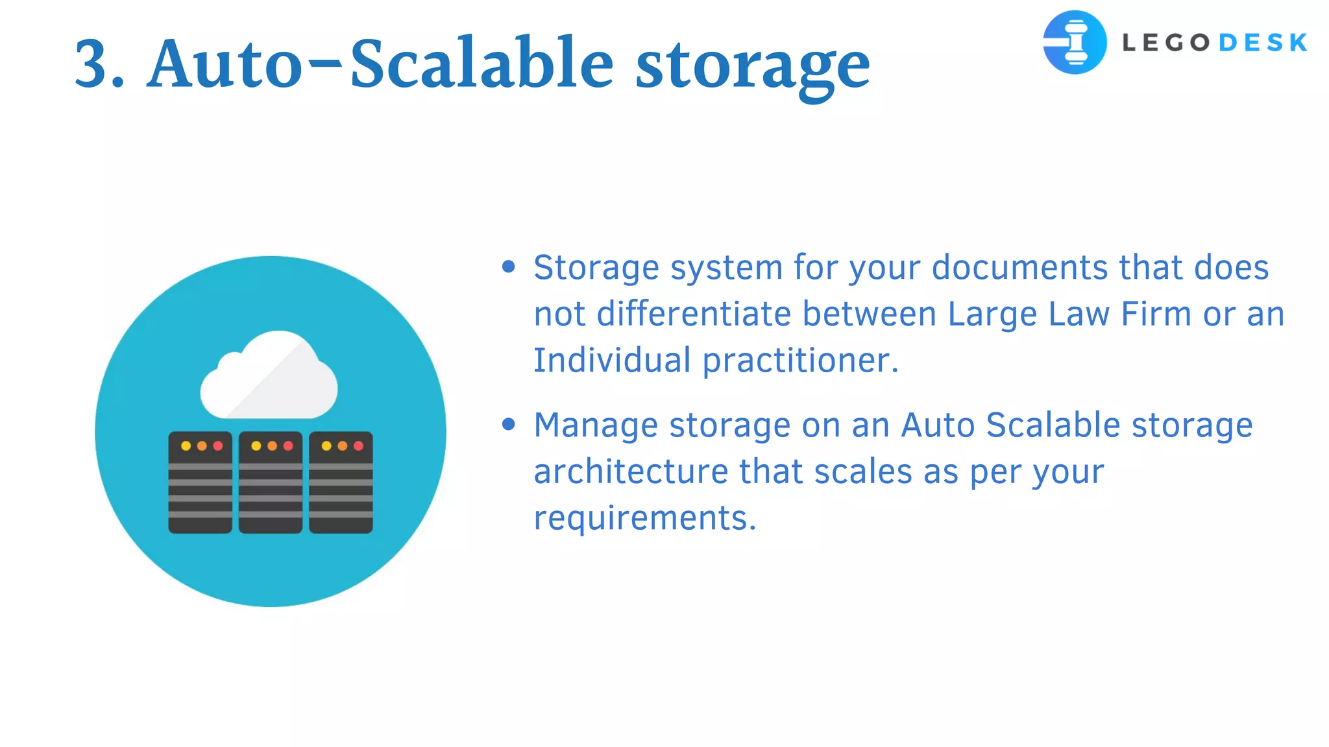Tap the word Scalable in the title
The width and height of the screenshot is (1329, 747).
coord(481,64)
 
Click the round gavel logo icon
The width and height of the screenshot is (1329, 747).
coord(1075,42)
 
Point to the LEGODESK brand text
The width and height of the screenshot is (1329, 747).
coord(1214,43)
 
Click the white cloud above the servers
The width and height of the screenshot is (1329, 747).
coord(269,377)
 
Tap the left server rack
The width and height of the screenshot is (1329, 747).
coord(200,482)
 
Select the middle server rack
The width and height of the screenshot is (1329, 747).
coord(271,482)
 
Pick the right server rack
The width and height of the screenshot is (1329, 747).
coord(341,482)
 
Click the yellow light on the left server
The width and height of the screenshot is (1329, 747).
coord(186,446)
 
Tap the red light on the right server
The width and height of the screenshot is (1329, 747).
coord(358,446)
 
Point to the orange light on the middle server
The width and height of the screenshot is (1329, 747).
coord(272,446)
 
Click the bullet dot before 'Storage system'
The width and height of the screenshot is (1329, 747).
coord(509,267)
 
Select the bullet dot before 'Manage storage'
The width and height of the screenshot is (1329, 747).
coord(509,424)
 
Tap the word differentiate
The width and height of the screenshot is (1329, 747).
coord(694,314)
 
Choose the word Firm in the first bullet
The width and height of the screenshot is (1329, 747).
coord(1156,314)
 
